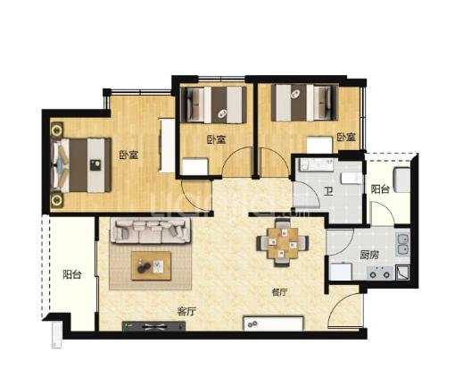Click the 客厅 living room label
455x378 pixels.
[186, 312]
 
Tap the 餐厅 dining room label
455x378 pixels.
[279, 292]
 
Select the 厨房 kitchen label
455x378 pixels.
[369, 255]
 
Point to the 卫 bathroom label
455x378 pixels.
[328, 191]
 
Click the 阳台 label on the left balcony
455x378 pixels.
[72, 274]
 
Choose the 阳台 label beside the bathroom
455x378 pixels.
[380, 189]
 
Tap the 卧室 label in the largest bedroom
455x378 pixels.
[128, 155]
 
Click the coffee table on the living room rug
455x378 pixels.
[152, 265]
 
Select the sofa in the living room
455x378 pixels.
[151, 231]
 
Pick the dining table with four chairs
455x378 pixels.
[283, 243]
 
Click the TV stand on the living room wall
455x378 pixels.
[153, 326]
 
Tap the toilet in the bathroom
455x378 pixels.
[352, 178]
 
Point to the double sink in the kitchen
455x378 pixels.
[402, 245]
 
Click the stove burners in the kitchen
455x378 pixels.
[380, 273]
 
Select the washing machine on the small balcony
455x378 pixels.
[402, 180]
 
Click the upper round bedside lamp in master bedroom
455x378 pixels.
[56, 130]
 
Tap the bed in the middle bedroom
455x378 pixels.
[213, 105]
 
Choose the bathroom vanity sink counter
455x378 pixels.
[317, 164]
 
